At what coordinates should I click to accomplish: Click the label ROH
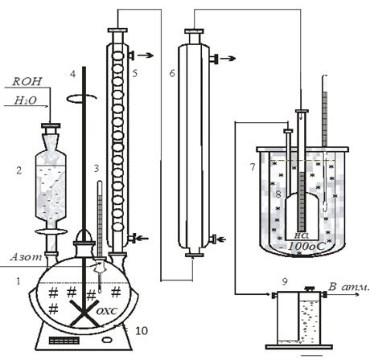click(27, 81)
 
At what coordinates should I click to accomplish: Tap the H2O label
click(26, 100)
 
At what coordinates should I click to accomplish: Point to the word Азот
click(27, 257)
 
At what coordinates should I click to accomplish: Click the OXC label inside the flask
click(107, 311)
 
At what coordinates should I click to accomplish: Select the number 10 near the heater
click(142, 331)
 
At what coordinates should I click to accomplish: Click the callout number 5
click(135, 73)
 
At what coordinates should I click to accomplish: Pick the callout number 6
click(172, 73)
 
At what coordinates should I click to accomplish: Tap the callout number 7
click(253, 167)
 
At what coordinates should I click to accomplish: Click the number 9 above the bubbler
click(285, 281)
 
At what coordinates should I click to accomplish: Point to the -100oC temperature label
click(306, 246)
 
